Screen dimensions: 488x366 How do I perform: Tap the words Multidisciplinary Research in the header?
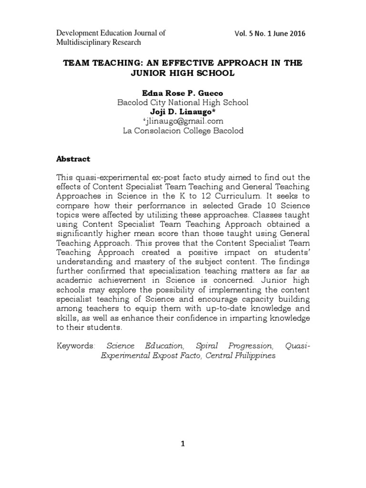(x=99, y=42)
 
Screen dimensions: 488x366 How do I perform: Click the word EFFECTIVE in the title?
(x=192, y=63)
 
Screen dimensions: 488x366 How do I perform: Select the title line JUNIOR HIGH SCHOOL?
(x=183, y=74)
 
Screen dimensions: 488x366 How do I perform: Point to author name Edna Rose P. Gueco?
(x=183, y=92)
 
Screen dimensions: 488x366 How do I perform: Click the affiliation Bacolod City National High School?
(x=183, y=102)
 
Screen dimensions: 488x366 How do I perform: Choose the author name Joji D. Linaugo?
(x=182, y=112)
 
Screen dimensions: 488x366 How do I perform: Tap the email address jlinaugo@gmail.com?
(x=183, y=121)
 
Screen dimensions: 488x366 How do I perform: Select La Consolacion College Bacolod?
(x=183, y=131)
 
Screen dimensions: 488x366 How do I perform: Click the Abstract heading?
(x=73, y=159)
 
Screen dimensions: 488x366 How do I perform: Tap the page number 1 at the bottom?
(x=183, y=444)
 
